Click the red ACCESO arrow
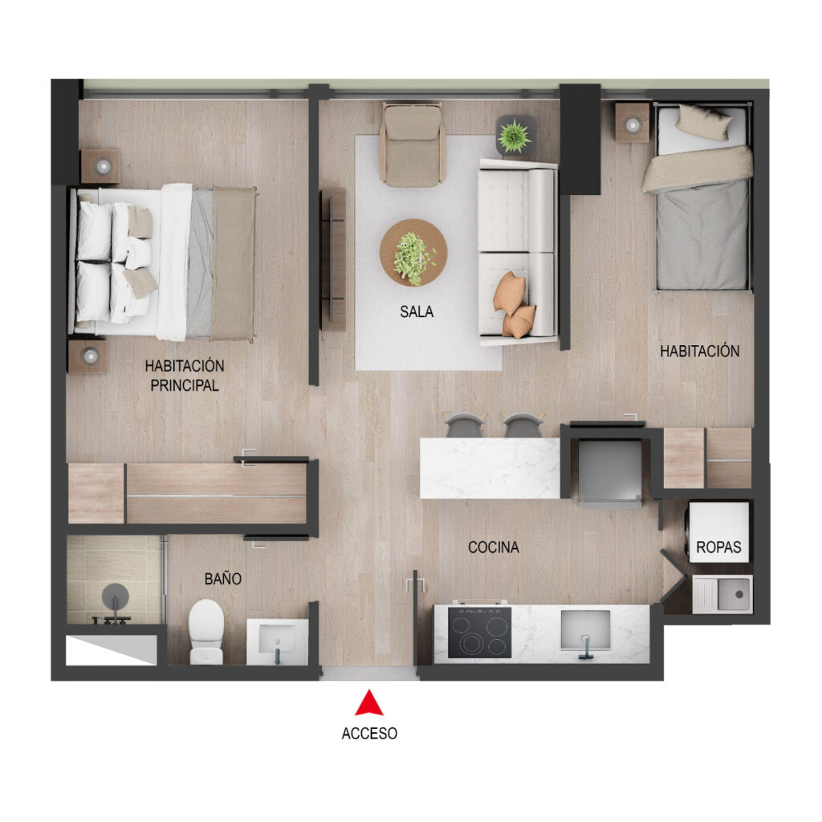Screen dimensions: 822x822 (x=369, y=703)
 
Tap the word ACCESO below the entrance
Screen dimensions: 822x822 (x=369, y=734)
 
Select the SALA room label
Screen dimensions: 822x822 (x=417, y=312)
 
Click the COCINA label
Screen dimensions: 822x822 (x=494, y=547)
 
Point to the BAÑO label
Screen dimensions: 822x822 (x=223, y=578)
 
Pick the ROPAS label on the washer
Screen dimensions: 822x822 (x=718, y=547)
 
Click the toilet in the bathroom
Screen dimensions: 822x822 (x=206, y=632)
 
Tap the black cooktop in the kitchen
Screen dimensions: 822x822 (x=480, y=633)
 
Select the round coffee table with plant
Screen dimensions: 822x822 (x=413, y=253)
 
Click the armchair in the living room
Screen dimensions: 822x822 (x=413, y=144)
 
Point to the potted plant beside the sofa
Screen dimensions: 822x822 (x=515, y=135)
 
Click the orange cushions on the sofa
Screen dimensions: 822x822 (x=514, y=304)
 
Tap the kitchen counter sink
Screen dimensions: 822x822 (x=585, y=631)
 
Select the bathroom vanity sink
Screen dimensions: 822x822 (x=277, y=641)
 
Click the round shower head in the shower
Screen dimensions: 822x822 (x=116, y=596)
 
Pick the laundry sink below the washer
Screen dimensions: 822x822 (x=722, y=595)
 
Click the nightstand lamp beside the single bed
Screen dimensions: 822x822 (x=633, y=124)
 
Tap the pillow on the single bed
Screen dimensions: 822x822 (x=703, y=122)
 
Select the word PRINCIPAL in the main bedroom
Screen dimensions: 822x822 (x=185, y=385)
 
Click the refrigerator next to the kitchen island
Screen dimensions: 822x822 (x=610, y=473)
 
